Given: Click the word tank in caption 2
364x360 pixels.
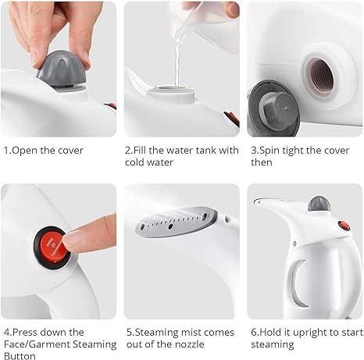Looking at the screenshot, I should tap(203, 150).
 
